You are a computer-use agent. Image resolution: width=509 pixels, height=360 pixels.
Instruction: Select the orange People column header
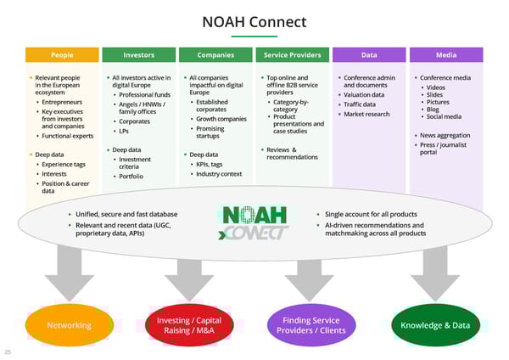(x=62, y=55)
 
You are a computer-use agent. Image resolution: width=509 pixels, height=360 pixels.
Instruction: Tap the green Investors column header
(x=139, y=55)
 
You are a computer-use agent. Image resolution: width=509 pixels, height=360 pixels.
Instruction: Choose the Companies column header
(x=215, y=55)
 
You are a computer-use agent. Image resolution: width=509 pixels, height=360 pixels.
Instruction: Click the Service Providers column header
(x=293, y=55)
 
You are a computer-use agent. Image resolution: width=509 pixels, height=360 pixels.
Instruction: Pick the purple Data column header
(x=369, y=55)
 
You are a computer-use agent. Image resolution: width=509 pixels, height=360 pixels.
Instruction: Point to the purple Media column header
(x=446, y=55)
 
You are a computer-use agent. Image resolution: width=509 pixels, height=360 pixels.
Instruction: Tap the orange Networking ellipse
(x=69, y=325)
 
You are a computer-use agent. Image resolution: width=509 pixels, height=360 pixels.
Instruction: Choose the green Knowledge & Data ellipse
(x=435, y=325)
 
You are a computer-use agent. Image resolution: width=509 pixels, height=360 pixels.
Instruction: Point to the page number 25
(x=8, y=352)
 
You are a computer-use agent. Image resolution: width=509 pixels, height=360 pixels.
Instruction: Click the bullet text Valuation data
(x=365, y=95)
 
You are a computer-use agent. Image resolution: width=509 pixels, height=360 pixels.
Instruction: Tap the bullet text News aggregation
(x=444, y=135)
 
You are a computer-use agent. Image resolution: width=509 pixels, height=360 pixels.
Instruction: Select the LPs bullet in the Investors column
(x=124, y=132)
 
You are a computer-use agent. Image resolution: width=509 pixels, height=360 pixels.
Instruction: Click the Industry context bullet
(x=220, y=174)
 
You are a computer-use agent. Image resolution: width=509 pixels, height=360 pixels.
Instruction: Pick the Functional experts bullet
(x=68, y=136)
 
